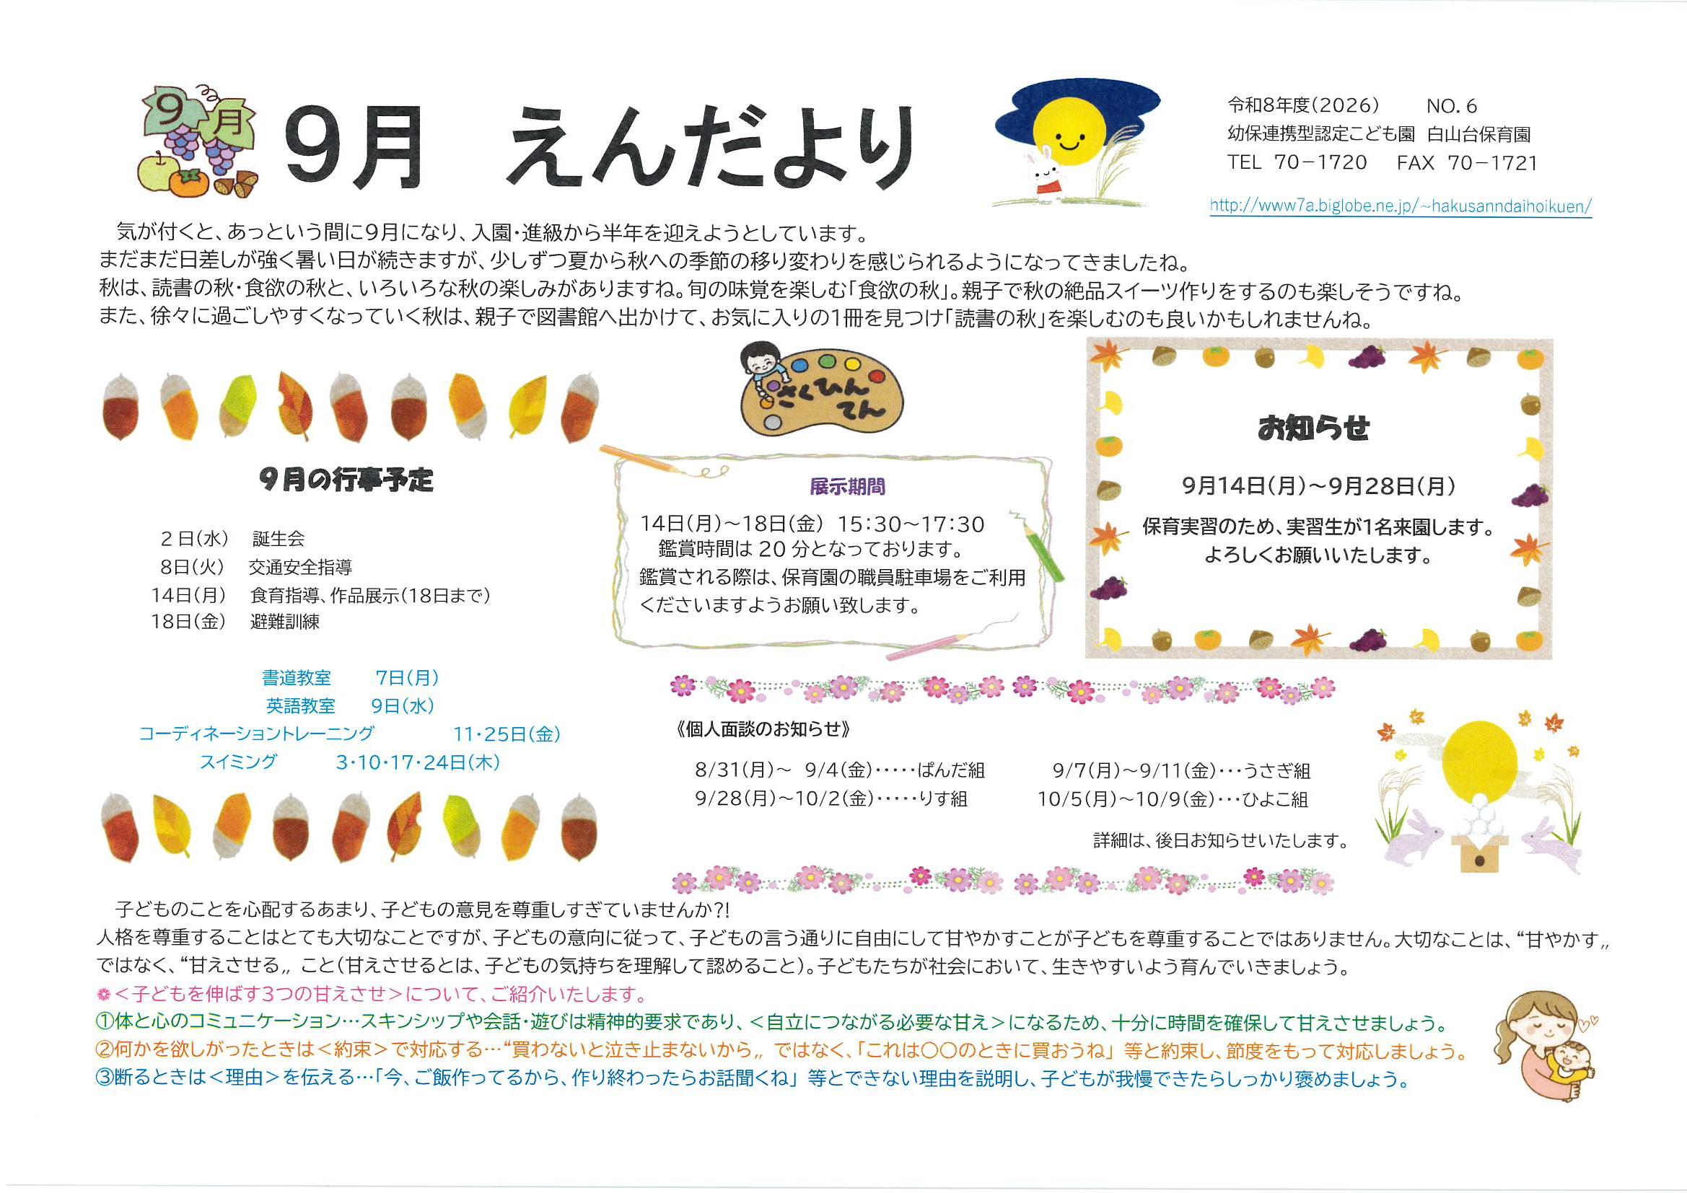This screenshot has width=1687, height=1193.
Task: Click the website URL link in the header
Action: point(1401,206)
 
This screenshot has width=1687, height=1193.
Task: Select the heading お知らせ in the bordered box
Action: point(1314,428)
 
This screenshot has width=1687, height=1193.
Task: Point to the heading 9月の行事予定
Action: point(347,480)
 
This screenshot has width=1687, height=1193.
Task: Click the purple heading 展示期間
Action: point(847,486)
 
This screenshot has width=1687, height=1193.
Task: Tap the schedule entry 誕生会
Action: point(278,539)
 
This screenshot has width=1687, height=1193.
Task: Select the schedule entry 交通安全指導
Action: point(300,566)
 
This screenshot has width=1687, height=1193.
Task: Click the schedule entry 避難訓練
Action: point(284,622)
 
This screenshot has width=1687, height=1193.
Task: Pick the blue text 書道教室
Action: point(296,677)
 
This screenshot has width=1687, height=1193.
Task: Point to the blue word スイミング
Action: point(239,762)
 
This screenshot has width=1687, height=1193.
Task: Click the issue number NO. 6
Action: point(1452,106)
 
